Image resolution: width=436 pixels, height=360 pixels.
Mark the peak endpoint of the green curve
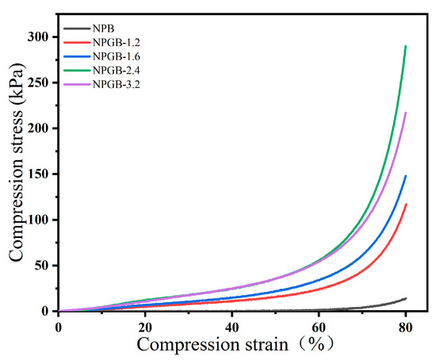[x=405, y=46]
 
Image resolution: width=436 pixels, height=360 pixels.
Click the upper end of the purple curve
[x=405, y=113]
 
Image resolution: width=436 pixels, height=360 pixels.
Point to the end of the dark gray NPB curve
[x=405, y=298]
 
